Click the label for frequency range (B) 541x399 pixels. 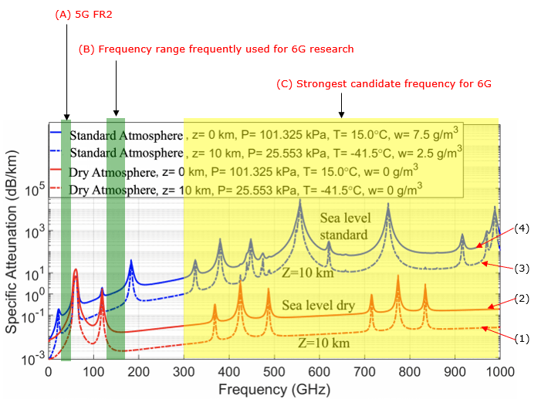tap(216, 49)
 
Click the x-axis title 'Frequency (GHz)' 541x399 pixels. tap(274, 387)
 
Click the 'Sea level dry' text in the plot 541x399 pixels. tap(318, 306)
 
